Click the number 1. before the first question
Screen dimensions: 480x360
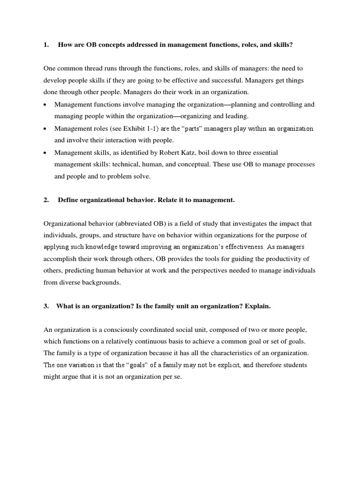46,45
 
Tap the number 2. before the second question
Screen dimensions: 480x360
46,200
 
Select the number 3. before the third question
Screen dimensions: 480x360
46,306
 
